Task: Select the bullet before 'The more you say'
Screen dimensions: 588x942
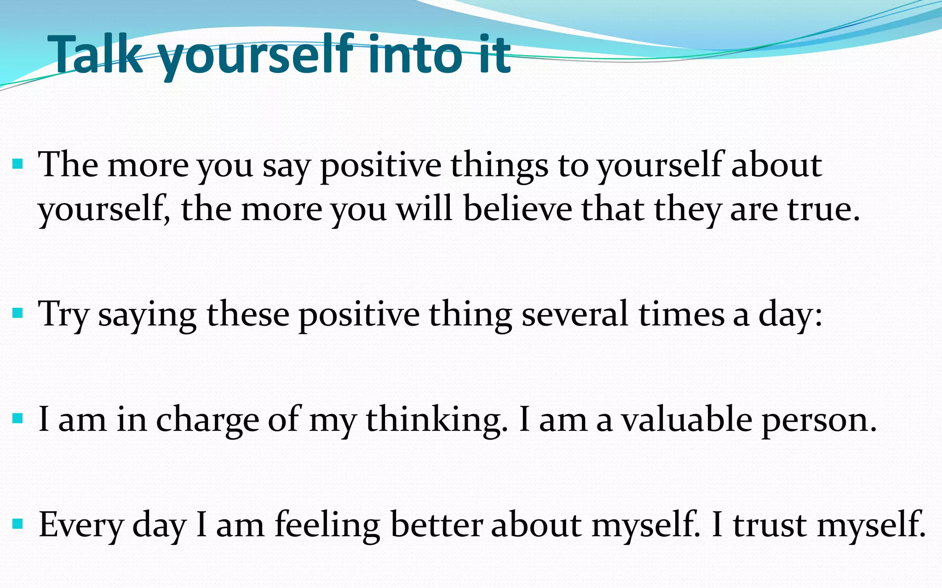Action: coord(18,164)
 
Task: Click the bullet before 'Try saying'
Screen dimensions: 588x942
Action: coord(18,314)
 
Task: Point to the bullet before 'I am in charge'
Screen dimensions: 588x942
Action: coord(18,418)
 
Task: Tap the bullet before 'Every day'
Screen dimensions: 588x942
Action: coord(18,524)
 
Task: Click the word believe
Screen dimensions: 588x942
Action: coord(517,209)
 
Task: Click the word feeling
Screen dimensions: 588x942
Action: coord(327,525)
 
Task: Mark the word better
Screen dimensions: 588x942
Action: coord(437,524)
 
